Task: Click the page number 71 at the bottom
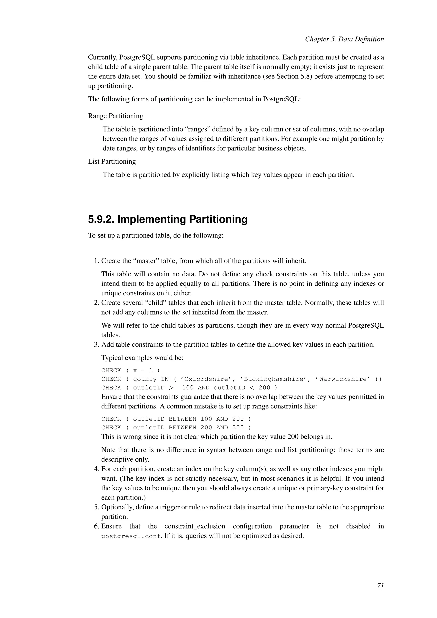pyautogui.click(x=380, y=586)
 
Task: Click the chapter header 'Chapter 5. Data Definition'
pyautogui.click(x=344, y=39)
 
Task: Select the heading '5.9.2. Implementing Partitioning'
pyautogui.click(x=168, y=219)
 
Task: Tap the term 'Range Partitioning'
pyautogui.click(x=115, y=116)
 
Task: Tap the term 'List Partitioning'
pyautogui.click(x=112, y=162)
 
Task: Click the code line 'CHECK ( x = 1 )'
pyautogui.click(x=131, y=370)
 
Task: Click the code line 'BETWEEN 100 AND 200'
pyautogui.click(x=176, y=419)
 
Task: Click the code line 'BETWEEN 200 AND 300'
pyautogui.click(x=176, y=427)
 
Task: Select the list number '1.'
pyautogui.click(x=97, y=261)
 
